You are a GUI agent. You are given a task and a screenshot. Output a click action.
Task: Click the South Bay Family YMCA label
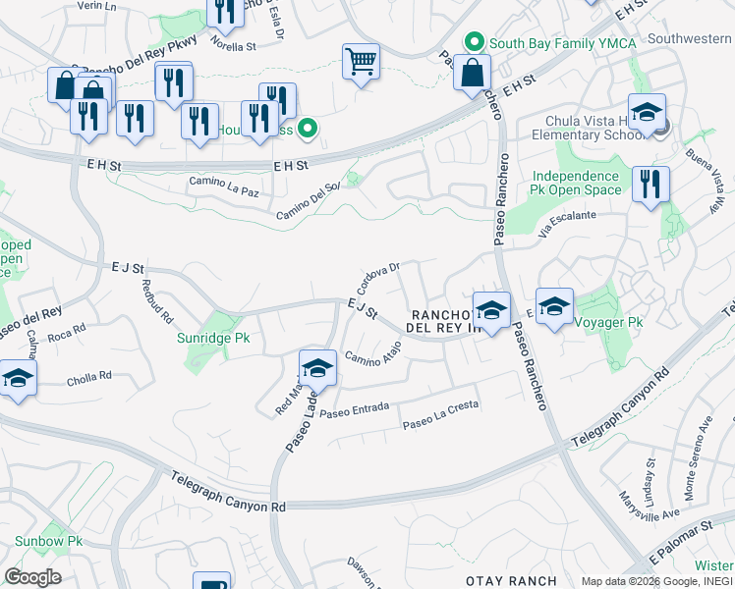563,42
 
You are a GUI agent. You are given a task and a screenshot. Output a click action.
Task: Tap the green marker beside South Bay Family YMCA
476,42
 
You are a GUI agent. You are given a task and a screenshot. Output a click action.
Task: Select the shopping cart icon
361,63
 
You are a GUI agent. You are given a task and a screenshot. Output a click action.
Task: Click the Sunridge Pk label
214,338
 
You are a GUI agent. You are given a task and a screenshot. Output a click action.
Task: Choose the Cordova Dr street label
378,278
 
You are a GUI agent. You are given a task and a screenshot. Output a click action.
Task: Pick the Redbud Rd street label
157,304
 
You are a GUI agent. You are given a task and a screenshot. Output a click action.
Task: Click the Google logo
33,577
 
